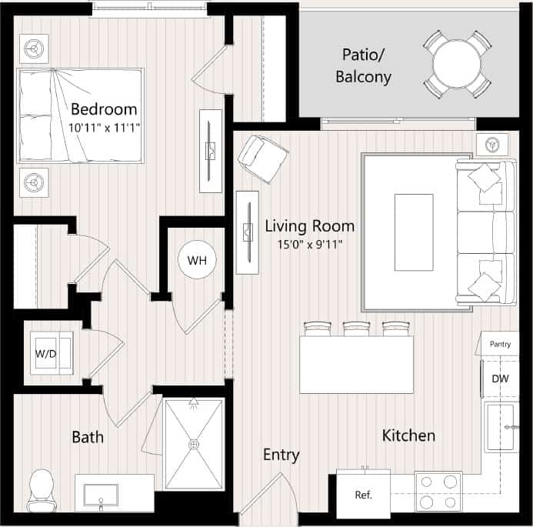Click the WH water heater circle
[197, 260]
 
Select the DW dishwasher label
[500, 378]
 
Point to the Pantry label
[500, 344]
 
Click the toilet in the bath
[41, 490]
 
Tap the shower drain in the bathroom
[193, 444]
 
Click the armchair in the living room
[262, 158]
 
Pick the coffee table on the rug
[413, 232]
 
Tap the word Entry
[281, 455]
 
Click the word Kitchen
[408, 435]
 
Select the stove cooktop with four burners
[438, 491]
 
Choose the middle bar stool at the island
[355, 329]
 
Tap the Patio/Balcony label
[367, 65]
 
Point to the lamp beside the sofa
[491, 144]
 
